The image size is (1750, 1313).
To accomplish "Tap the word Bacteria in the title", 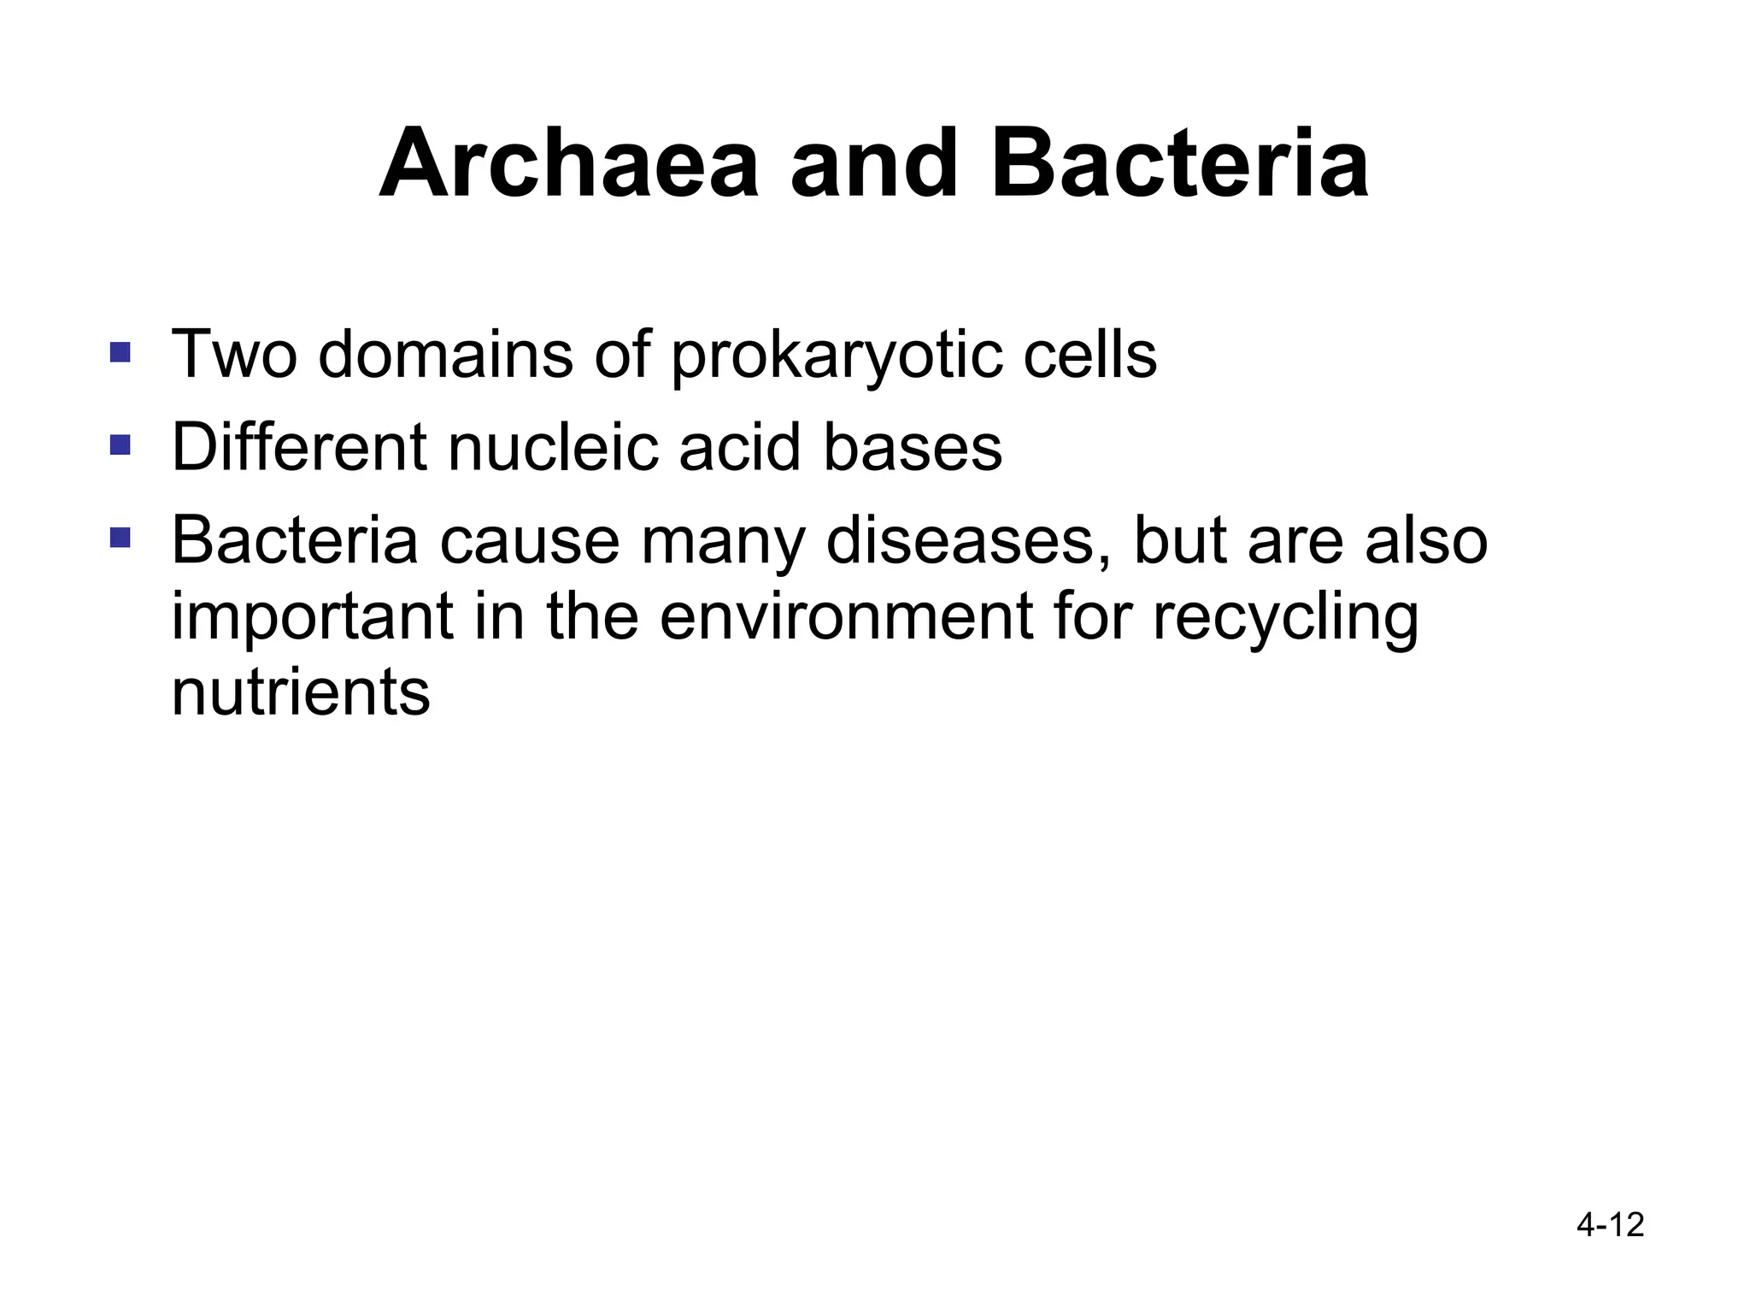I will coord(1179,164).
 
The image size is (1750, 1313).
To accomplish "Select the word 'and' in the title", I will coord(874,164).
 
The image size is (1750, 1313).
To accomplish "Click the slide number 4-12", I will coord(1610,1225).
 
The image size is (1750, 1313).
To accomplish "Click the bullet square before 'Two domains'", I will coord(120,352).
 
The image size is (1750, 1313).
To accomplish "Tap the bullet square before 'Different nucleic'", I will coord(120,445).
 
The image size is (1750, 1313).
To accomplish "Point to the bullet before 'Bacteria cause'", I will coord(120,538).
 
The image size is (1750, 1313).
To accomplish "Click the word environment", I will coord(846,617).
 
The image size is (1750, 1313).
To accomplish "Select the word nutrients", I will coord(301,692).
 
